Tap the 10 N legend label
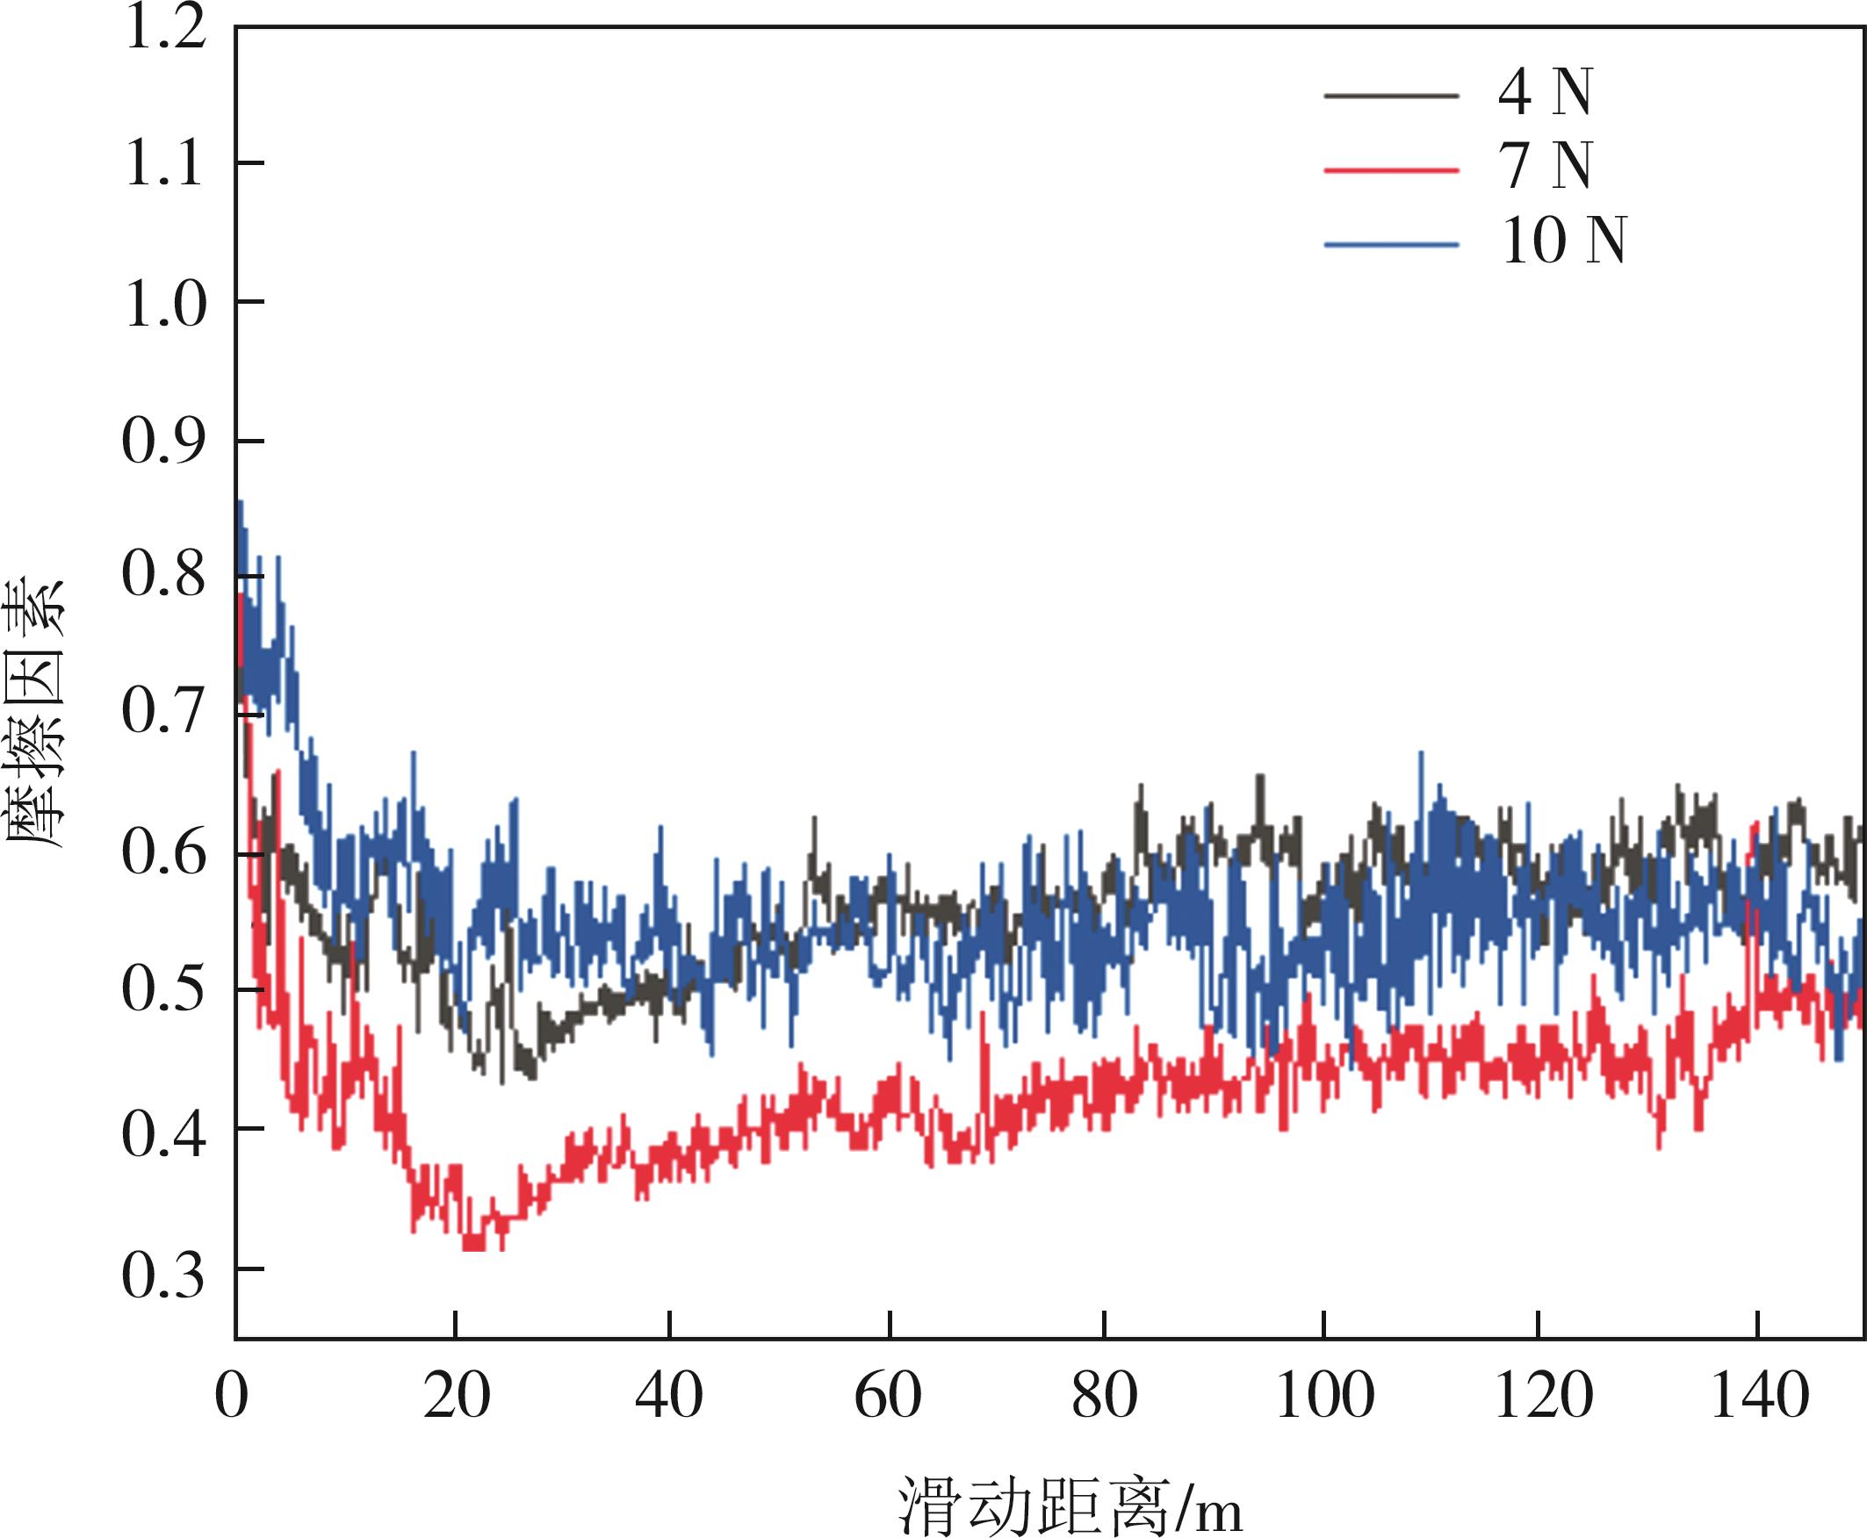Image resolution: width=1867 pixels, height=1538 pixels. (x=1563, y=242)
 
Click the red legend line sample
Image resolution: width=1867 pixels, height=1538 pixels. (x=1391, y=169)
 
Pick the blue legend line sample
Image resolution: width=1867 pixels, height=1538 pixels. (x=1391, y=244)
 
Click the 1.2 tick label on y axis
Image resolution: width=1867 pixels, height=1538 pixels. (x=165, y=28)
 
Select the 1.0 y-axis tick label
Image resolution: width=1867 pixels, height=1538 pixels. (x=165, y=305)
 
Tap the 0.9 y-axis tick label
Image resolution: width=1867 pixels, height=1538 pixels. (x=165, y=443)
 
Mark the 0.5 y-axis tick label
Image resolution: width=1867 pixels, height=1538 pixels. (x=165, y=989)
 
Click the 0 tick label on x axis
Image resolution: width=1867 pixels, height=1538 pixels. (x=232, y=1397)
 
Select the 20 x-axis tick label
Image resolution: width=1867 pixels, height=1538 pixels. (x=456, y=1397)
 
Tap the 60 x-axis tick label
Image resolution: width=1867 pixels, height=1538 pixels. (x=888, y=1397)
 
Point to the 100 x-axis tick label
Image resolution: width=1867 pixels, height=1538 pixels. (x=1323, y=1397)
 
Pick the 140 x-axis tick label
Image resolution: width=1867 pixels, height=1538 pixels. (x=1758, y=1397)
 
